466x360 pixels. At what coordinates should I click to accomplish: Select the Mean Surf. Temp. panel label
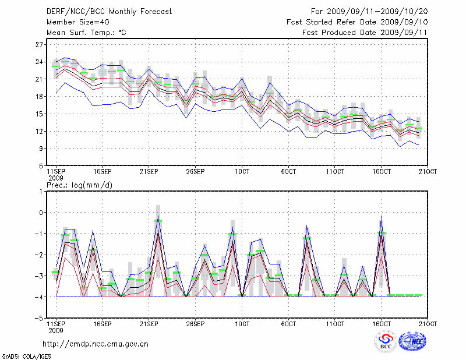tap(86, 33)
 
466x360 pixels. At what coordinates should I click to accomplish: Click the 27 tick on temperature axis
tap(40, 44)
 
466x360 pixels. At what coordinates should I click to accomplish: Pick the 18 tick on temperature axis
tap(40, 97)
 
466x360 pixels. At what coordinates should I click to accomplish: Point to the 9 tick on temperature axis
tap(41, 149)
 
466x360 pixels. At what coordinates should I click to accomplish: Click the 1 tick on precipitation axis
tap(42, 191)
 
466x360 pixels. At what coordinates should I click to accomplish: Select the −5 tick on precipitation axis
tap(40, 319)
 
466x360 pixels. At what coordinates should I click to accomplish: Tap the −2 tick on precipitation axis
tap(40, 255)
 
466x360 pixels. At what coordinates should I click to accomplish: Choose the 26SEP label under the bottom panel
tap(195, 323)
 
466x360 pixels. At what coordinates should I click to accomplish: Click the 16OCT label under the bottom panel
tap(382, 323)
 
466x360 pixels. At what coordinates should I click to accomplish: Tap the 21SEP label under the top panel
tap(149, 171)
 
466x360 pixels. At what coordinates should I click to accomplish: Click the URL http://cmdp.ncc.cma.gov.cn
tap(96, 344)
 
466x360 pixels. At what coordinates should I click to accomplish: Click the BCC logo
tap(386, 343)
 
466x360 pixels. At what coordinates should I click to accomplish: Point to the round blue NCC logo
tap(412, 342)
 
